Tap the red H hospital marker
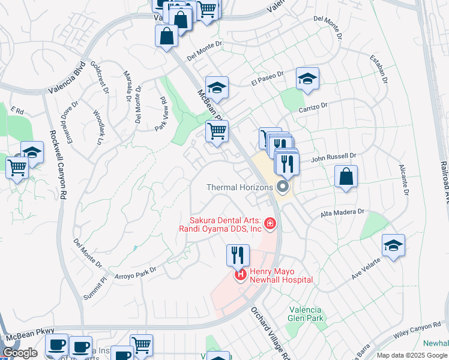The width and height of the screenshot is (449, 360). tap(240, 275)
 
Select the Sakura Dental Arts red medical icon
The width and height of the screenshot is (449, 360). tap(270, 224)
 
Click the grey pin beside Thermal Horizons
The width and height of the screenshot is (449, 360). tap(283, 187)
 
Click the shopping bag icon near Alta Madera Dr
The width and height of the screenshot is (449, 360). tap(346, 177)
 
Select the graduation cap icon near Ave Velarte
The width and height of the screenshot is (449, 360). tap(393, 245)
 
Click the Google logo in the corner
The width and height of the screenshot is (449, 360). tap(20, 353)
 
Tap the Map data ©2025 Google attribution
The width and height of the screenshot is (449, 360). tap(412, 355)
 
